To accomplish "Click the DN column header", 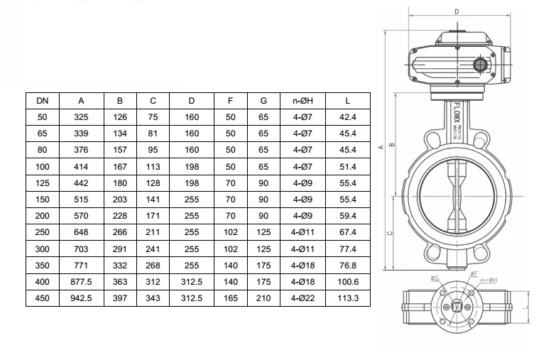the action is click(x=42, y=101).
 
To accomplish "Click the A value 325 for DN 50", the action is click(x=81, y=117).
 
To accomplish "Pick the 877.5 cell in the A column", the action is click(x=81, y=283).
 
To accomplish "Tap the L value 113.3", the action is click(x=349, y=299).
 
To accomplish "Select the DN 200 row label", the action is click(x=42, y=217).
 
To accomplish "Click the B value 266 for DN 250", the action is click(x=121, y=233).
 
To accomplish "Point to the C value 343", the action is click(x=153, y=299).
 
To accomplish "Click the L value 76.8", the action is click(x=349, y=266).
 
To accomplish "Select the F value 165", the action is click(x=231, y=299).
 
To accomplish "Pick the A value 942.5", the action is click(x=81, y=299).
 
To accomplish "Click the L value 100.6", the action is click(x=349, y=283).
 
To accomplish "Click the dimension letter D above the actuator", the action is click(x=456, y=11).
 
